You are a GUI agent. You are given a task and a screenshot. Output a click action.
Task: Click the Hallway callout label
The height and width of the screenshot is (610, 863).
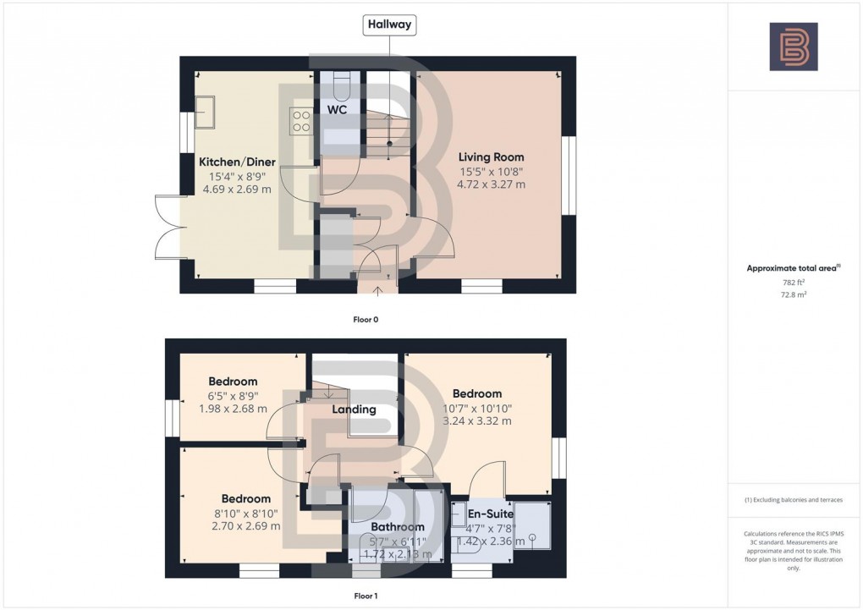pyautogui.click(x=390, y=25)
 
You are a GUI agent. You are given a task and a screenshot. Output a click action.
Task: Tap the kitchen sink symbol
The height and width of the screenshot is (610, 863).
pyautogui.click(x=204, y=109)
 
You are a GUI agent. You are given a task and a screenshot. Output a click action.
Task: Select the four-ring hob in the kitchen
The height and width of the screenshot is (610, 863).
pyautogui.click(x=301, y=121)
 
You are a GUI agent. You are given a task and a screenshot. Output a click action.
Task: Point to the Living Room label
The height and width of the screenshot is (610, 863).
pyautogui.click(x=491, y=157)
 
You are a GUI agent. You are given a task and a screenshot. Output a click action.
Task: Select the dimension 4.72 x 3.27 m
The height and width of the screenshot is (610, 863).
pyautogui.click(x=491, y=184)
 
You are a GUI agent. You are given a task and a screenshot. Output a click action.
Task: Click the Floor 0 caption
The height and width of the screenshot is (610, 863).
pyautogui.click(x=366, y=320)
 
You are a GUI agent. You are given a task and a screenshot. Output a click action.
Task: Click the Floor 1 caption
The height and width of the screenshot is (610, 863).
pyautogui.click(x=366, y=596)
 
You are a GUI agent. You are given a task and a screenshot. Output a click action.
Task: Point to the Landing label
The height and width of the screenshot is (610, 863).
pyautogui.click(x=354, y=409)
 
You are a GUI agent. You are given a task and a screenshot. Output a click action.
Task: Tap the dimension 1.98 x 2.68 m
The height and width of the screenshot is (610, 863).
pyautogui.click(x=233, y=409)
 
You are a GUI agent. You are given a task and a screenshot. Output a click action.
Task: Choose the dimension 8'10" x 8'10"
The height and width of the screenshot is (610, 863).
pyautogui.click(x=245, y=513)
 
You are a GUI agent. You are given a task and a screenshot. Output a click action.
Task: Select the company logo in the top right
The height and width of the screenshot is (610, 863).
pyautogui.click(x=793, y=47)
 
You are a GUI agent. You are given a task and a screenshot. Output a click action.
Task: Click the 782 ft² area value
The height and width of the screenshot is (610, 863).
pyautogui.click(x=793, y=282)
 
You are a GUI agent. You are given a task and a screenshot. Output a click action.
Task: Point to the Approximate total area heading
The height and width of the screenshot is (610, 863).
pyautogui.click(x=793, y=268)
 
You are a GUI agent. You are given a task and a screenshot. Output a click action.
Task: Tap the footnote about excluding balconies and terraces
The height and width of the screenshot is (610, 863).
pyautogui.click(x=793, y=500)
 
